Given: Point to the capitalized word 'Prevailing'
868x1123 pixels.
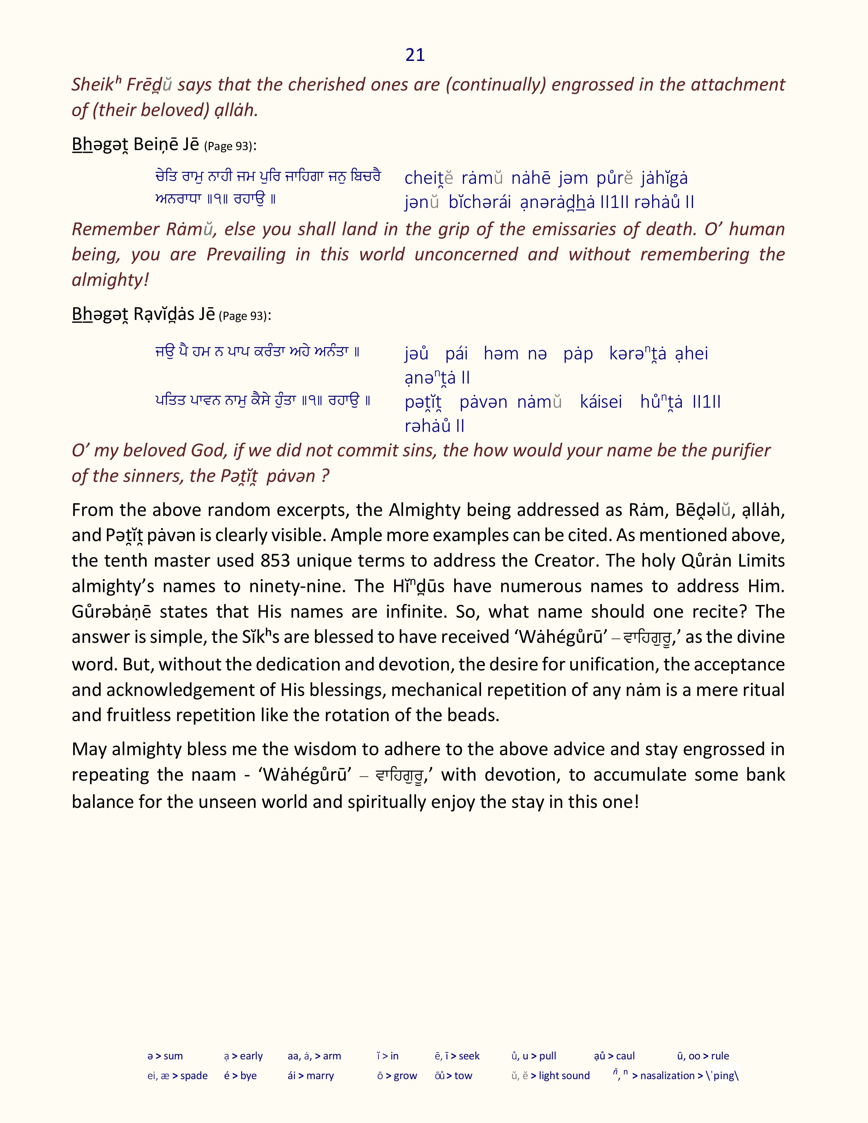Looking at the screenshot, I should click(246, 255).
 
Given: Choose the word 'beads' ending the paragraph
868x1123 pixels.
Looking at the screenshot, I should click(475, 716).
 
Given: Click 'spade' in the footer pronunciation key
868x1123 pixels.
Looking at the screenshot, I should click(194, 1076).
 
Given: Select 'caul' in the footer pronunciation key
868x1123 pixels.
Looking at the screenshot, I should click(625, 1056).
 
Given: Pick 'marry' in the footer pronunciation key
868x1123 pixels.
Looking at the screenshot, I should click(320, 1076).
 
